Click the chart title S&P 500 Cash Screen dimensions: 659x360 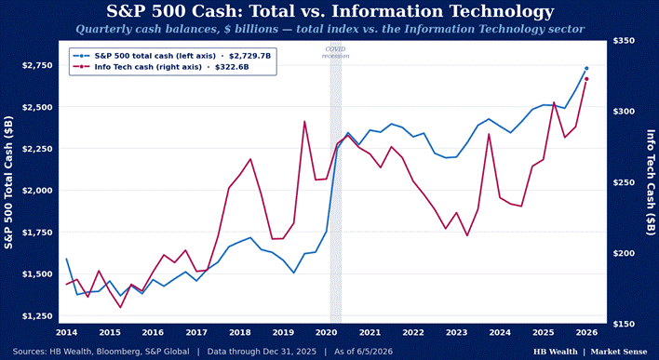tap(329, 11)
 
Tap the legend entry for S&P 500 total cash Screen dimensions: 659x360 tap(172, 56)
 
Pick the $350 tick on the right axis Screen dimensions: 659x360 tap(624, 40)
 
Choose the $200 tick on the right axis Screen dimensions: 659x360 tap(624, 253)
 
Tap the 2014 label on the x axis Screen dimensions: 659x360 tap(66, 333)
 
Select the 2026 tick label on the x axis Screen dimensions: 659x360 tap(586, 333)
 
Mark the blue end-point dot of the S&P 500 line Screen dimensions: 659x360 tap(586, 68)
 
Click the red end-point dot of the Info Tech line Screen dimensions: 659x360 tap(586, 79)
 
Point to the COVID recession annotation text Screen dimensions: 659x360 tap(335, 52)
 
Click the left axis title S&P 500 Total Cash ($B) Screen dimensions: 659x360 tap(8, 182)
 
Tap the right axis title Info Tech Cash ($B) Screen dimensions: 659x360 tap(651, 182)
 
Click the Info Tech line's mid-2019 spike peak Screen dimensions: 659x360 tap(304, 122)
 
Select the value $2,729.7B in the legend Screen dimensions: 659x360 tap(249, 56)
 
